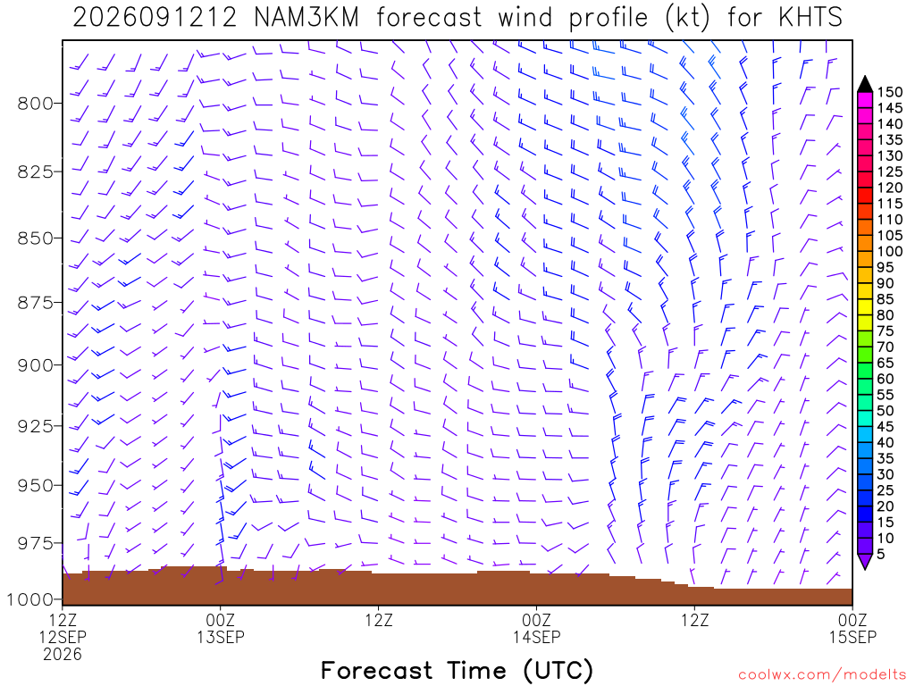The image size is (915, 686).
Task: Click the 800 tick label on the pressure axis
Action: pyautogui.click(x=35, y=104)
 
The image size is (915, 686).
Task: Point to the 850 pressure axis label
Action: pyautogui.click(x=35, y=238)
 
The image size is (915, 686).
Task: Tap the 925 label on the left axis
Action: pyautogui.click(x=35, y=426)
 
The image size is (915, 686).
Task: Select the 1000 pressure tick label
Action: pyautogui.click(x=29, y=599)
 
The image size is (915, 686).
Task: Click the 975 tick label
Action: pyautogui.click(x=35, y=544)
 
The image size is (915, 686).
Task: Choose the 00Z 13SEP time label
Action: pyautogui.click(x=221, y=628)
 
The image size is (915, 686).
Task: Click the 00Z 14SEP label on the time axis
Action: pyautogui.click(x=537, y=628)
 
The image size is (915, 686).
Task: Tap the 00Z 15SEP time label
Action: pyautogui.click(x=853, y=628)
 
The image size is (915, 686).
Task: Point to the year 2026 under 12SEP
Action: pyautogui.click(x=63, y=655)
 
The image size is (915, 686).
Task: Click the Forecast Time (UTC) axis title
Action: pyautogui.click(x=457, y=671)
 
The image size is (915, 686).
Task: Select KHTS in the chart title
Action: pyautogui.click(x=810, y=18)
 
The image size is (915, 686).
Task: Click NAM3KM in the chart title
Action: pyautogui.click(x=306, y=18)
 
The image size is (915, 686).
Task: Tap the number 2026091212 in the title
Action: pyautogui.click(x=155, y=18)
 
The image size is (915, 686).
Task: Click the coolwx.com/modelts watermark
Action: pyautogui.click(x=822, y=675)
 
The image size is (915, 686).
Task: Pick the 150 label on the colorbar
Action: pyautogui.click(x=890, y=92)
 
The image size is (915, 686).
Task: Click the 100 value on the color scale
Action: pyautogui.click(x=890, y=251)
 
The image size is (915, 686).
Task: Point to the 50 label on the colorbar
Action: pyautogui.click(x=886, y=411)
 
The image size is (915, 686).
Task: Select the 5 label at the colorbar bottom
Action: pyautogui.click(x=881, y=554)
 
